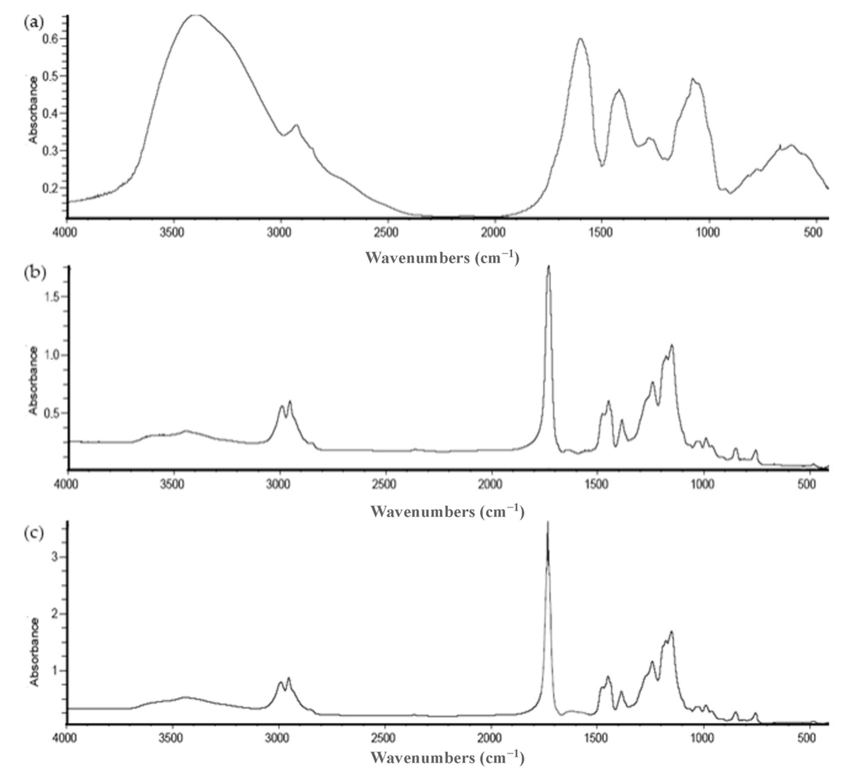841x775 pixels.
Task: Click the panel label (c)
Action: coord(33,533)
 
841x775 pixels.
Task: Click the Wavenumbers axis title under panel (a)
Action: coord(442,257)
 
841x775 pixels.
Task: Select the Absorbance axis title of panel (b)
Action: coord(33,381)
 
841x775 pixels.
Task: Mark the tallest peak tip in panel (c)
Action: coord(548,522)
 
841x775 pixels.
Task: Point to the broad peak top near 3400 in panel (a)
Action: coord(196,16)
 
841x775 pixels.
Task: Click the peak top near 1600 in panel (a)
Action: coord(581,39)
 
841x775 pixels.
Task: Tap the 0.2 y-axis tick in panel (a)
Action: coord(51,188)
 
